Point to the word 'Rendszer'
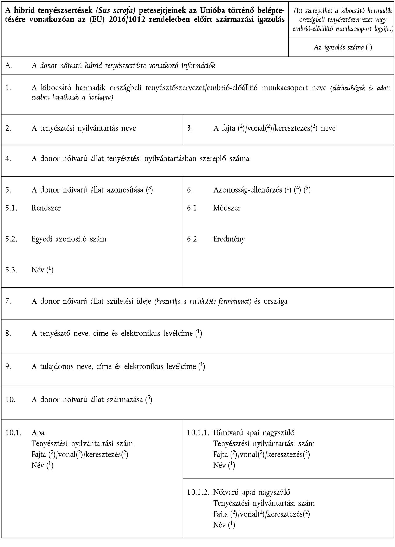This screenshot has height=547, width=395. tap(46, 208)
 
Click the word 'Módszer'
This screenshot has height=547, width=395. tap(227, 208)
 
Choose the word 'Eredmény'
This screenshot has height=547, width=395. tap(229, 239)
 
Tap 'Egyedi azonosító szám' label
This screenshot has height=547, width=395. tap(69, 239)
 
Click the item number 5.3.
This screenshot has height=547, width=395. tap(11, 270)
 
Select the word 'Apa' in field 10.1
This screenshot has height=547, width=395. tap(38, 432)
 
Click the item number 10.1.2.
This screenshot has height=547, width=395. tap(198, 492)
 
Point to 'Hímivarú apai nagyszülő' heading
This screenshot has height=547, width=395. tap(254, 432)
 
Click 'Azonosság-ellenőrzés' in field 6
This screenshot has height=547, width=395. tap(247, 190)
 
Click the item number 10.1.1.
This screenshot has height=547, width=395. tap(198, 432)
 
